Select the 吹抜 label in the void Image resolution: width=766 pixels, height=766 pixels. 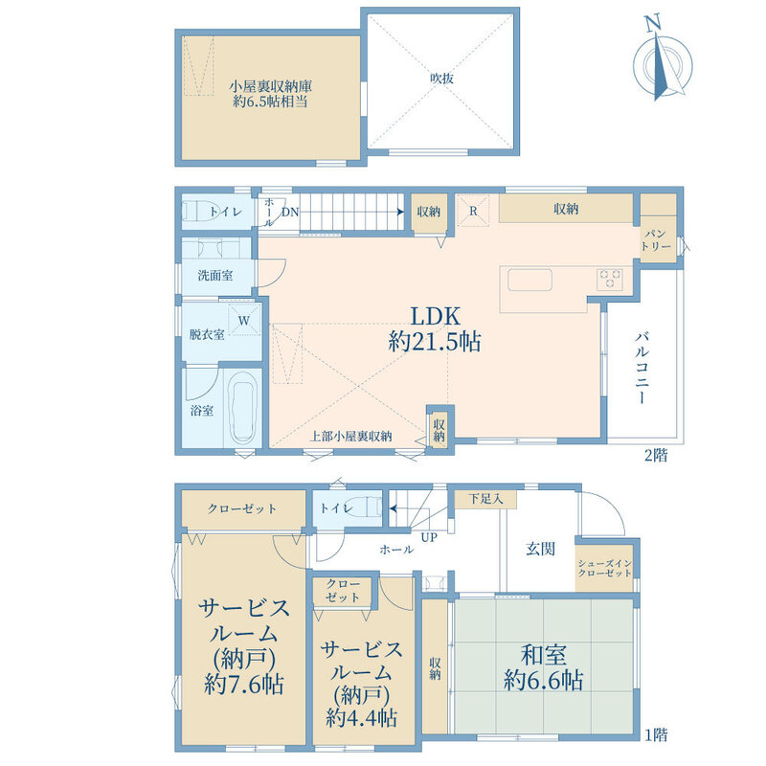pos(441,79)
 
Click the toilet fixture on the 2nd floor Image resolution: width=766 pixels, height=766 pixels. pos(200,212)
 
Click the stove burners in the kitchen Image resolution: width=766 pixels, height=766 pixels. pos(610,280)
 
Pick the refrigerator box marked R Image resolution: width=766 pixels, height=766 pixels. pos(473,211)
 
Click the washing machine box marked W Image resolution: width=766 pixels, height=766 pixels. pos(244,320)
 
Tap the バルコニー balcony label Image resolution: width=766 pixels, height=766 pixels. pos(642,368)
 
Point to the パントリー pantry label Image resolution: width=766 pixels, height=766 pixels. pos(656,240)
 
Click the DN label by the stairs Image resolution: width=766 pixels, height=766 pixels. pos(290,212)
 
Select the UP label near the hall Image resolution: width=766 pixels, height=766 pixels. pos(429,537)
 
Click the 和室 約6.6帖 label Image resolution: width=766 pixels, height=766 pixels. pos(543,667)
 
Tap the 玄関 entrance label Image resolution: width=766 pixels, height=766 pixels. pos(540,549)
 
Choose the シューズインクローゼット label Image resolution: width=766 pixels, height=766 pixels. pos(605,568)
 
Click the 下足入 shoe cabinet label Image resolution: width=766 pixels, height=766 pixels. pos(485,499)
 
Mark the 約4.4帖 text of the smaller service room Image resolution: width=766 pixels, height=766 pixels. pos(361,718)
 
